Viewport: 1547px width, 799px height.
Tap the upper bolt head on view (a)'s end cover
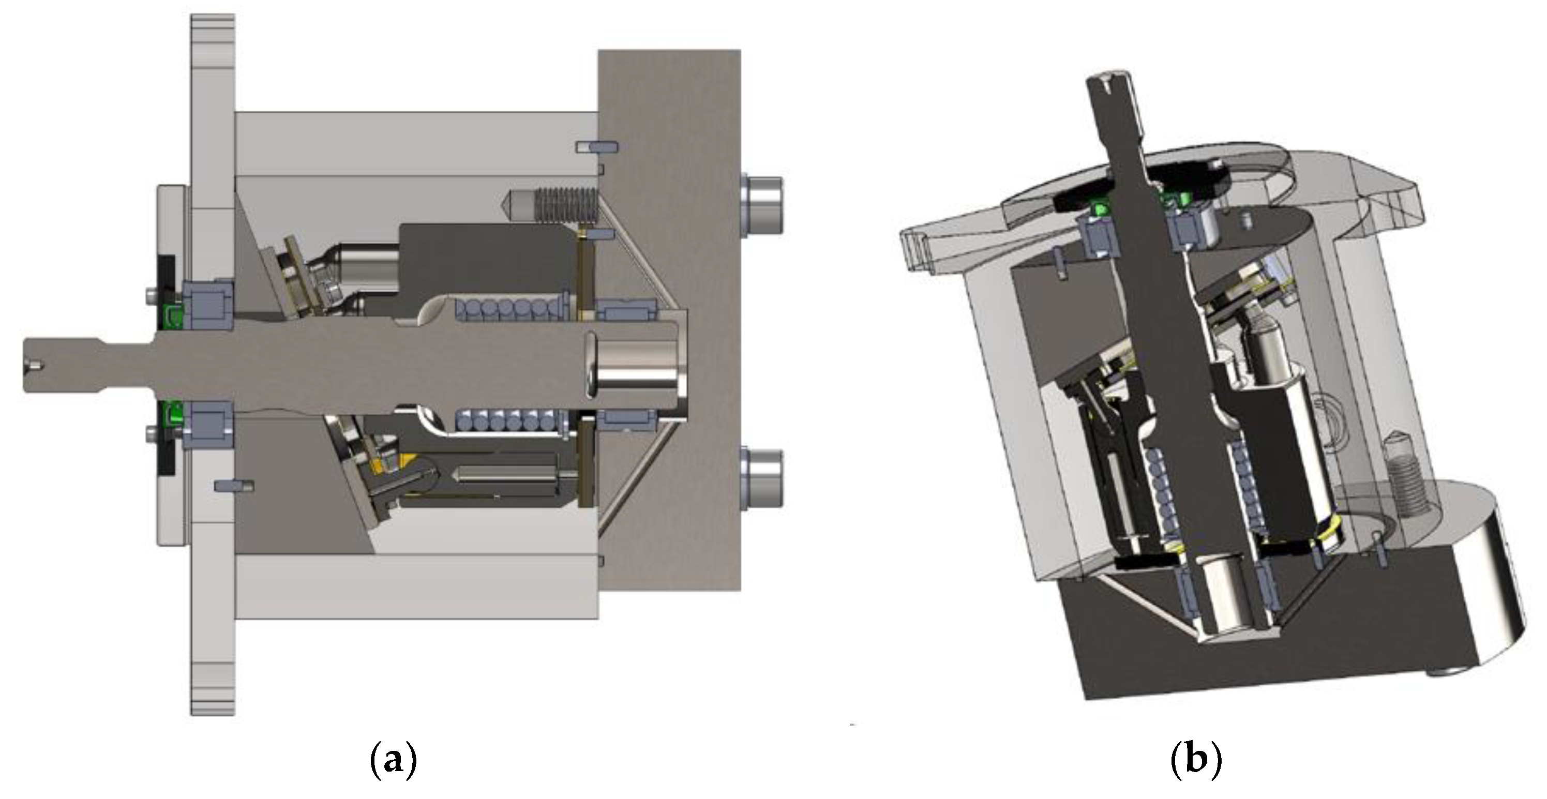(761, 205)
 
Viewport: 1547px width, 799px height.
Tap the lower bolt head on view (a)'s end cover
(761, 479)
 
